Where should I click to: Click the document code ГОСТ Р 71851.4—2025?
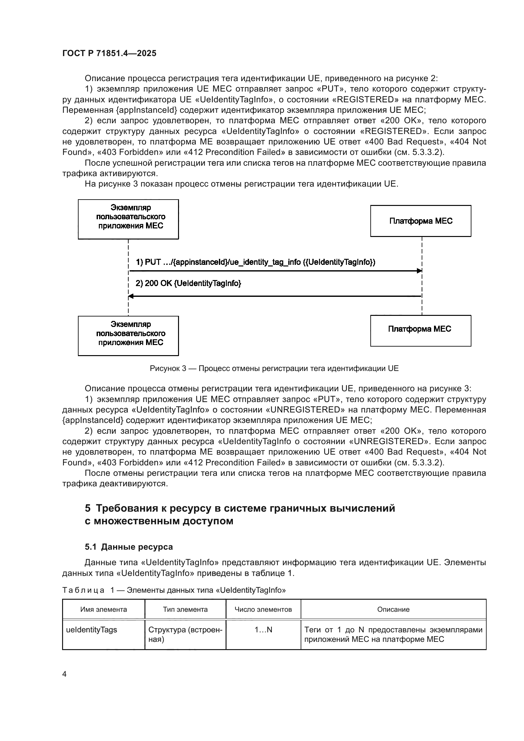pyautogui.click(x=109, y=53)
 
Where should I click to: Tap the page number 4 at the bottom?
pyautogui.click(x=64, y=674)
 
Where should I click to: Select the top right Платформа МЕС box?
pyautogui.click(x=420, y=221)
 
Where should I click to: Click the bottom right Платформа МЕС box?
pyautogui.click(x=420, y=331)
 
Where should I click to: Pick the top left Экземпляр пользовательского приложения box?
pyautogui.click(x=128, y=219)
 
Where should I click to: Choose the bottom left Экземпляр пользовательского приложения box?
pyautogui.click(x=128, y=335)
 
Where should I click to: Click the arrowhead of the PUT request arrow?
pyautogui.click(x=419, y=271)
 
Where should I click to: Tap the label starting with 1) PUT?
pyautogui.click(x=255, y=262)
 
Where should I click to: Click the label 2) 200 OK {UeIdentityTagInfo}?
pyautogui.click(x=188, y=283)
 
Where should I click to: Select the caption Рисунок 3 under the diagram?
pyautogui.click(x=274, y=368)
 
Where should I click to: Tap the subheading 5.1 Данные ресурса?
pyautogui.click(x=129, y=547)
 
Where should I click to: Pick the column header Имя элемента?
pyautogui.click(x=104, y=609)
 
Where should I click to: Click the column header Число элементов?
pyautogui.click(x=263, y=609)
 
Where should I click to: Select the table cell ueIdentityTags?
pyautogui.click(x=92, y=630)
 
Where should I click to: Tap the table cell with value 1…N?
pyautogui.click(x=263, y=630)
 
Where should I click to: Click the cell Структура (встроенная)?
pyautogui.click(x=185, y=634)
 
